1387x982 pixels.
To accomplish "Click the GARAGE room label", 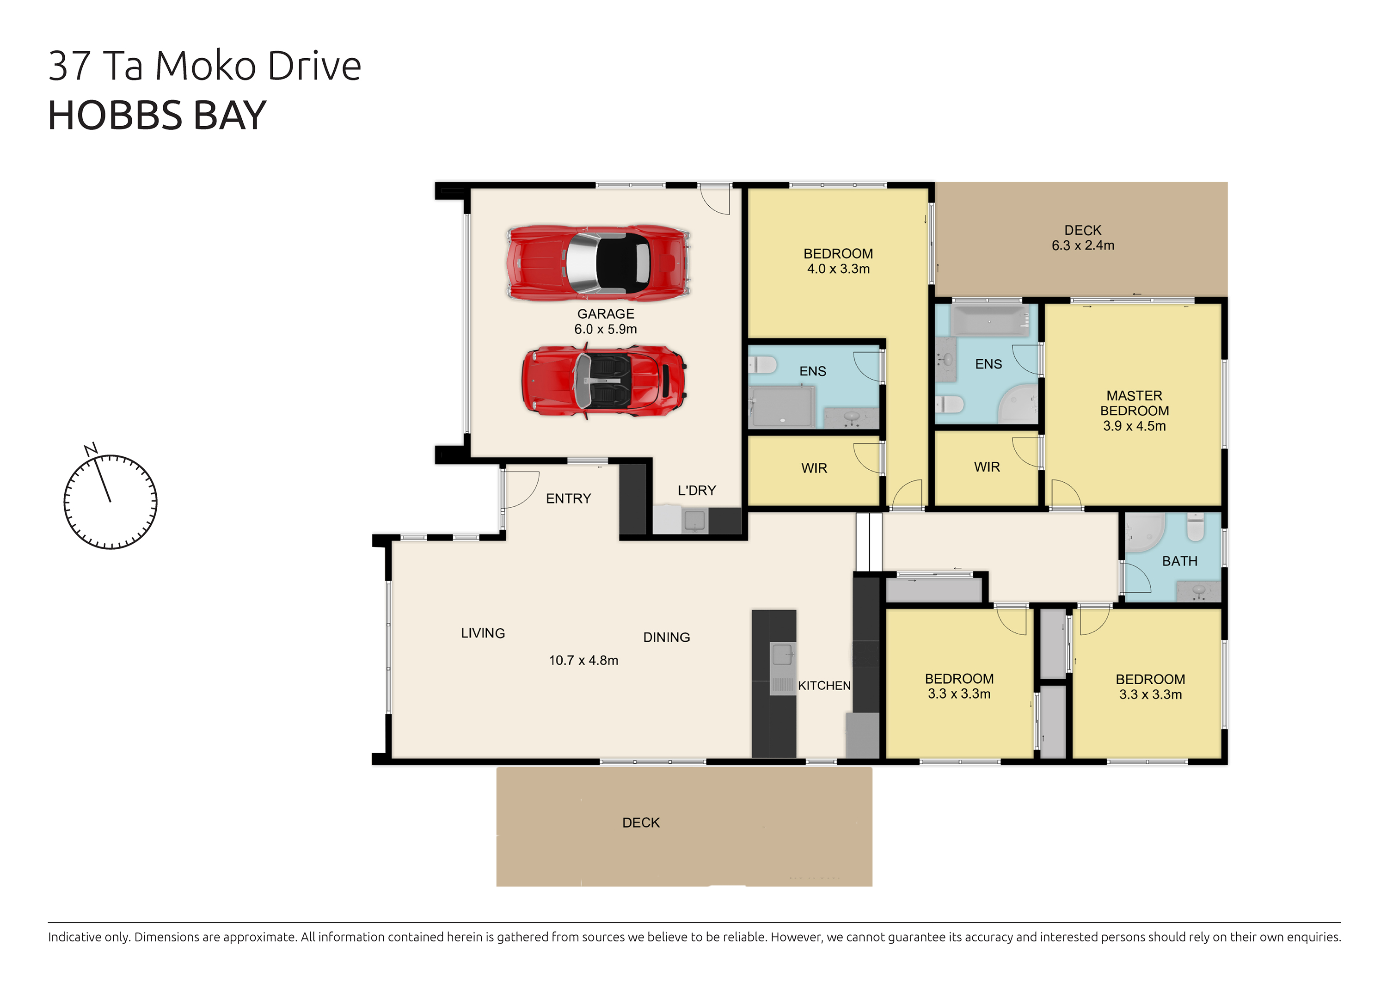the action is click(605, 314).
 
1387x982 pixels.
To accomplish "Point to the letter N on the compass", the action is click(91, 450).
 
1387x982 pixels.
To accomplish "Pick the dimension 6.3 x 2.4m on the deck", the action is click(1083, 245).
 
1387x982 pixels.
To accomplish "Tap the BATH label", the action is click(1179, 561).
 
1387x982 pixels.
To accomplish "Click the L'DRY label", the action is click(697, 491).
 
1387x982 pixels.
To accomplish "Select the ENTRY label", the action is click(568, 498).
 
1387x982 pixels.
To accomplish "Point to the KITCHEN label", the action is click(824, 686).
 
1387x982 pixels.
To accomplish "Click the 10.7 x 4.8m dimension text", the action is click(583, 660).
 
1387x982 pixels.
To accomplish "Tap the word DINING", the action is click(666, 638).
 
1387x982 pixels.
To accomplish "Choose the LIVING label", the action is click(483, 633).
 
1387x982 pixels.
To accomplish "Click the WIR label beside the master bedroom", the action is click(987, 467).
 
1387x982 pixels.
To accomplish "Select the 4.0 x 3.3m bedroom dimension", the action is click(838, 269).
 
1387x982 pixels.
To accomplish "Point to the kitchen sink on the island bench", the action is click(782, 655).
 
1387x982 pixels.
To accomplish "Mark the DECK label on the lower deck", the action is click(641, 822).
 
